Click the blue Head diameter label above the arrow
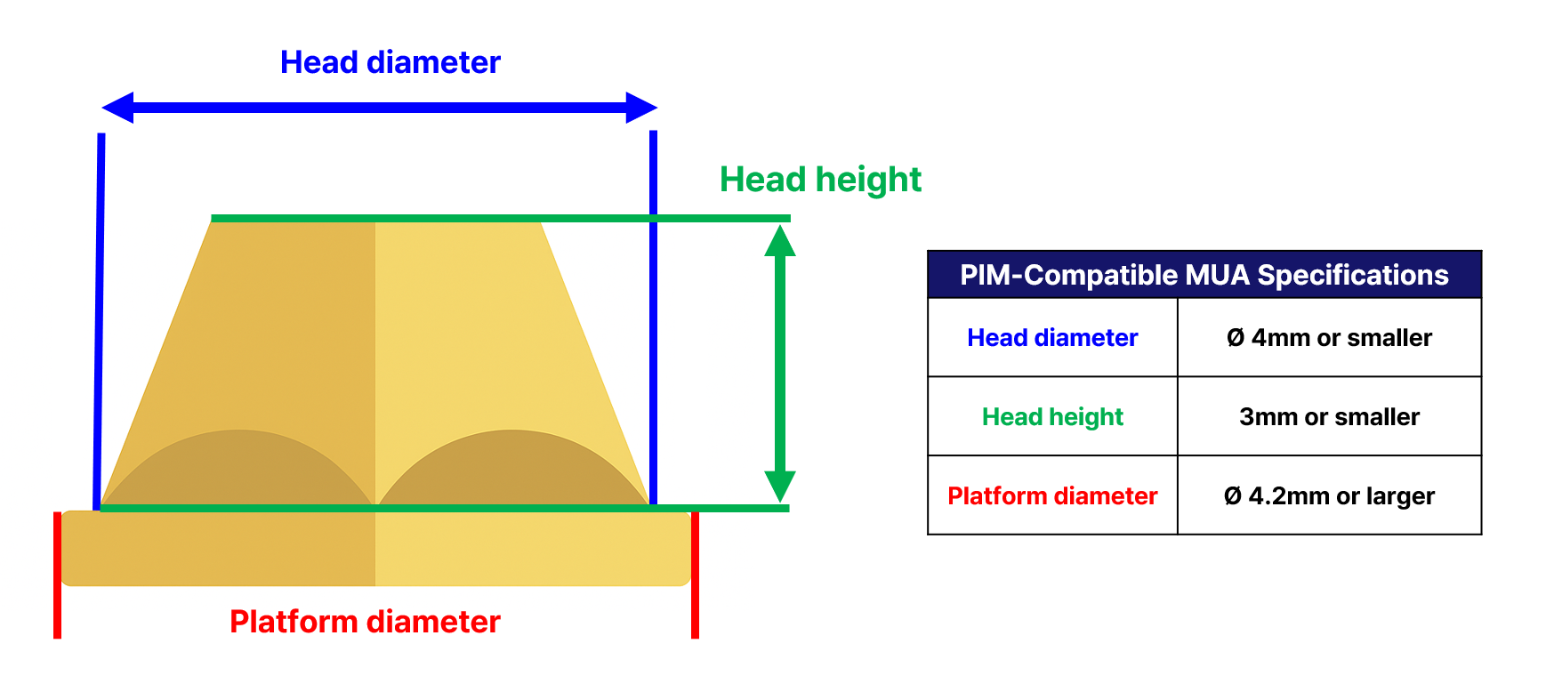click(x=390, y=62)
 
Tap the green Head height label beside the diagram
click(x=820, y=180)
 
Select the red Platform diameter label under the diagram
click(x=365, y=622)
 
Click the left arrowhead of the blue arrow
click(x=118, y=108)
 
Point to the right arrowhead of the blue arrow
click(x=640, y=108)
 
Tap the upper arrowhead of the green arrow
click(x=780, y=241)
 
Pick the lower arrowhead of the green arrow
click(x=780, y=485)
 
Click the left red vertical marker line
click(x=58, y=575)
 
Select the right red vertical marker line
click(x=695, y=575)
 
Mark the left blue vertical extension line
click(x=100, y=320)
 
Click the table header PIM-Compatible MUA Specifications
click(x=1204, y=275)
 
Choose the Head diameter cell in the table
click(x=1052, y=338)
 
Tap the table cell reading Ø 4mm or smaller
click(x=1329, y=338)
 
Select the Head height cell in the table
click(x=1052, y=416)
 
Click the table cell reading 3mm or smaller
click(x=1329, y=416)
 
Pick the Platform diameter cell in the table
click(x=1052, y=495)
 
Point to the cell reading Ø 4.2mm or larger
click(x=1329, y=495)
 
